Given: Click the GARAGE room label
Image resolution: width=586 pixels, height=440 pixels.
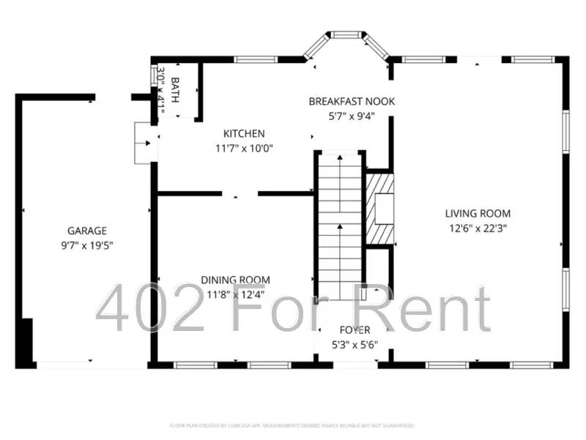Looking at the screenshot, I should click(87, 230).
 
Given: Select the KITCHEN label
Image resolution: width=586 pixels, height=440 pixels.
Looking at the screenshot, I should click(244, 133).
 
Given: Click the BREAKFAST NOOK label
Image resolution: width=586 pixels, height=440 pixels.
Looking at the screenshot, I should click(352, 101).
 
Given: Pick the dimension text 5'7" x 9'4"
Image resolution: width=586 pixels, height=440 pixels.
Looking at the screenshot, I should click(352, 115).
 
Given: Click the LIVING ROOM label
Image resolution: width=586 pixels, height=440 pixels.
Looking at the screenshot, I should click(478, 214).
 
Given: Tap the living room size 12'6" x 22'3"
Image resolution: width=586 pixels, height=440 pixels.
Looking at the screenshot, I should click(478, 228).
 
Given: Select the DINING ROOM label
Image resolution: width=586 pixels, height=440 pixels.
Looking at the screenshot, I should click(235, 280).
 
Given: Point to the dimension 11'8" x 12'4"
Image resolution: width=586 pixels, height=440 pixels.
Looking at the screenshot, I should click(235, 294).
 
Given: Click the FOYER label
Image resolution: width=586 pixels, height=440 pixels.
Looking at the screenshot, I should click(355, 330).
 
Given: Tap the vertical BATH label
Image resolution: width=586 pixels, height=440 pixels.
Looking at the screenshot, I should click(175, 89).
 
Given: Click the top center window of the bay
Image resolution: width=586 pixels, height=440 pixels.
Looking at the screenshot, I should click(345, 34).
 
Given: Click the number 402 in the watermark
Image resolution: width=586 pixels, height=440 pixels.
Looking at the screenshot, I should click(151, 309).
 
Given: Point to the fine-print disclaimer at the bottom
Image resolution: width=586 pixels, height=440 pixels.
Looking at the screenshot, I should click(292, 425).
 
